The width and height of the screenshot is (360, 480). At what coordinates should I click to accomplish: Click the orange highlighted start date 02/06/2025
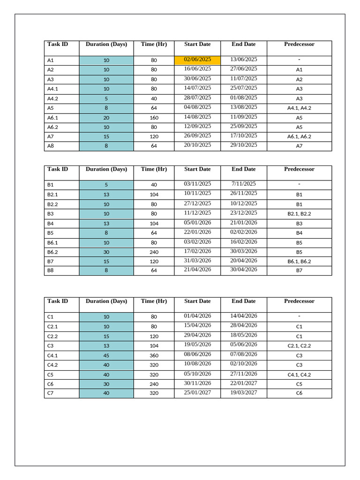197,60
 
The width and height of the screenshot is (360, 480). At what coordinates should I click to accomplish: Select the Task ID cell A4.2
52,98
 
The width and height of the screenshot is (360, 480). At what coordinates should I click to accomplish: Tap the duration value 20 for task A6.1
106,118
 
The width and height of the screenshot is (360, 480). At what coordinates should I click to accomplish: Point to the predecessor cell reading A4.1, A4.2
299,108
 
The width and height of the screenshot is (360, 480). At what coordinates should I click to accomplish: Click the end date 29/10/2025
244,145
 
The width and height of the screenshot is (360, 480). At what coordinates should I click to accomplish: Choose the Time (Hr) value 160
154,118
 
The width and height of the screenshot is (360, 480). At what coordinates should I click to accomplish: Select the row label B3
51,214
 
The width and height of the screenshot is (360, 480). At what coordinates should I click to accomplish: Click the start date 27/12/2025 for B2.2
197,203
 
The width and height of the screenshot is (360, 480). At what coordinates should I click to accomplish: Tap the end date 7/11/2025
244,184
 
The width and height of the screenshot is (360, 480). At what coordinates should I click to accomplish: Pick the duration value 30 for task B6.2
106,252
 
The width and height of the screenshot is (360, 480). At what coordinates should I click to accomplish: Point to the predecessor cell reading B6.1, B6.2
299,262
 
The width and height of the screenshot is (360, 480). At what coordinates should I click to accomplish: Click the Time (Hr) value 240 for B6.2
154,252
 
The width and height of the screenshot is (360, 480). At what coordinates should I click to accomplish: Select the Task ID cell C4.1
52,355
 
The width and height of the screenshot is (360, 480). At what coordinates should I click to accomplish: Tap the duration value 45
106,355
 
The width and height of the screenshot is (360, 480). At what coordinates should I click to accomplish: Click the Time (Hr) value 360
154,355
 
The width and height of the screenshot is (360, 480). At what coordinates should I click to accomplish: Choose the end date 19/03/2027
244,392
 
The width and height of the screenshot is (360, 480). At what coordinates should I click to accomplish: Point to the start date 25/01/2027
197,392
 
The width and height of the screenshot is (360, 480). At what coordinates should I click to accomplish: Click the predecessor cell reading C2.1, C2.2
299,345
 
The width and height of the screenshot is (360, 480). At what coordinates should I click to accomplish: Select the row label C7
51,393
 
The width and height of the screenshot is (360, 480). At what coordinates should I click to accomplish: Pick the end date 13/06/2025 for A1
244,60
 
